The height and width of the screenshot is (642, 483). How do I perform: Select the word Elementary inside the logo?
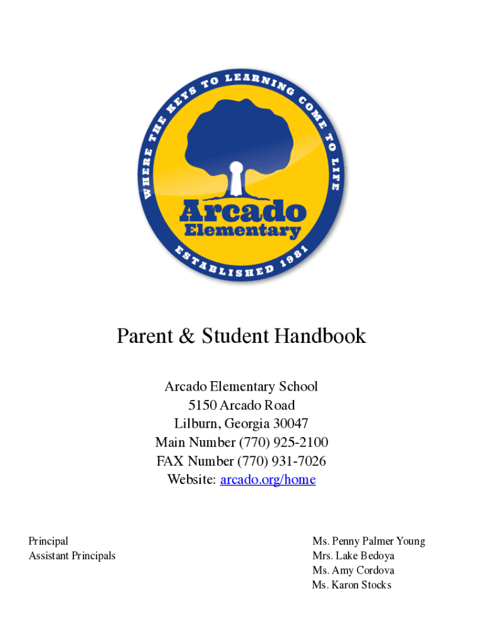click(x=242, y=231)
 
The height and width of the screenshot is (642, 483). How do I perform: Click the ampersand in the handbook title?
click(x=186, y=337)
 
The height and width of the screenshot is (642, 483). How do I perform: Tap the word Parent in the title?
click(x=144, y=337)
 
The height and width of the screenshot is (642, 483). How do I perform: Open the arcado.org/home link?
click(x=268, y=480)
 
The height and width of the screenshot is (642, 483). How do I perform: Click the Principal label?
click(x=48, y=541)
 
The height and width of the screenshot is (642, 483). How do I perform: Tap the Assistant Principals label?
click(x=72, y=555)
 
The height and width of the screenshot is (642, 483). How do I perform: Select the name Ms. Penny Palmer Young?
click(x=369, y=541)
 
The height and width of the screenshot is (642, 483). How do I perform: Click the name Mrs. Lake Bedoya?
click(x=354, y=555)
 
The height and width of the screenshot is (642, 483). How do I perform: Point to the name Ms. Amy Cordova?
click(x=354, y=571)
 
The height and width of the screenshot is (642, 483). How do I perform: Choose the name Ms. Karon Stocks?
click(x=352, y=585)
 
